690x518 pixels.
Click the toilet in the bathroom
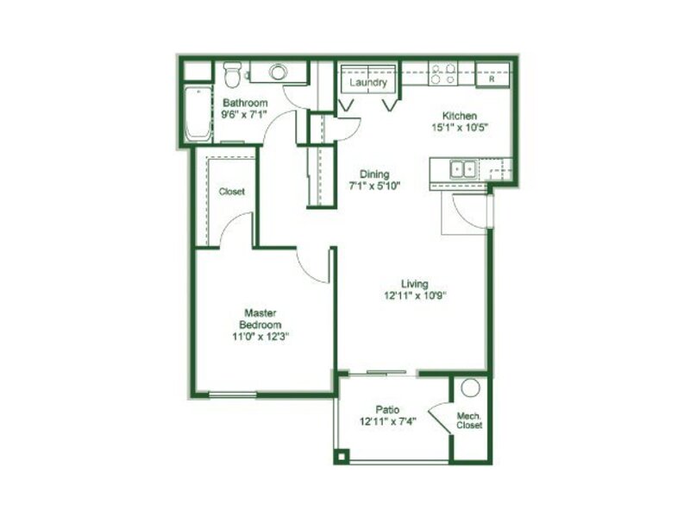click(232, 73)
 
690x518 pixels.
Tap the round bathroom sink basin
click(278, 72)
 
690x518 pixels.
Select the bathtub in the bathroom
click(198, 113)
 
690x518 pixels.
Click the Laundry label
click(368, 82)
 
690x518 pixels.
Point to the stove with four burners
click(442, 73)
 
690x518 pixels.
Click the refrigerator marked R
click(492, 75)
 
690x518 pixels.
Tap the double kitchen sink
click(463, 169)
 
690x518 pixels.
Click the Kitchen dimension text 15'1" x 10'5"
click(461, 128)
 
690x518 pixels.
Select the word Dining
click(374, 174)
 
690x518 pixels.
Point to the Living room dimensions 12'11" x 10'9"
click(416, 295)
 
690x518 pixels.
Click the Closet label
click(232, 192)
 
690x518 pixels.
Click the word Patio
click(387, 409)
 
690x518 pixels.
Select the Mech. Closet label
click(469, 420)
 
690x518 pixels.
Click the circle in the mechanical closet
click(470, 388)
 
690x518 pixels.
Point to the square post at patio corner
click(342, 456)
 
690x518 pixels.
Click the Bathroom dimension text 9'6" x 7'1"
click(244, 115)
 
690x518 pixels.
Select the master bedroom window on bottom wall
click(232, 395)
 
